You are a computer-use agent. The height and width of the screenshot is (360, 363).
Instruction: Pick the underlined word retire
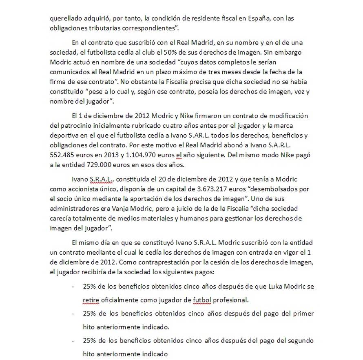tap(91, 300)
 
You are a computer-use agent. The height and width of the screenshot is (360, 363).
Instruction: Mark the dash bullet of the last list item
tap(73, 340)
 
